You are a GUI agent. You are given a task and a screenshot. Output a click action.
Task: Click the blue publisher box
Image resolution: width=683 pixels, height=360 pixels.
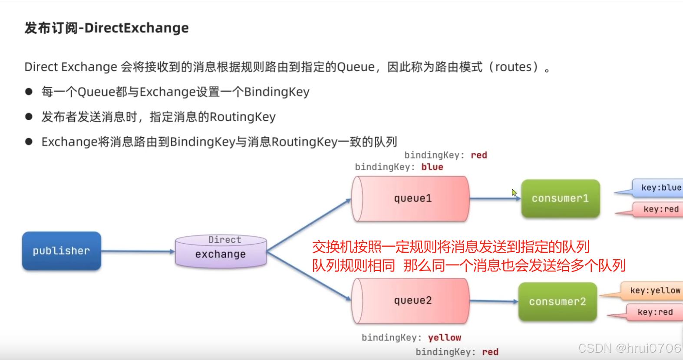tap(62, 251)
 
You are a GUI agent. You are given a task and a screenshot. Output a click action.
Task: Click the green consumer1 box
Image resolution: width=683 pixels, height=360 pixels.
tap(560, 198)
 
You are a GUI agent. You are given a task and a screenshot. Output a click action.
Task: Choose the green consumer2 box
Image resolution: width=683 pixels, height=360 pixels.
tap(558, 302)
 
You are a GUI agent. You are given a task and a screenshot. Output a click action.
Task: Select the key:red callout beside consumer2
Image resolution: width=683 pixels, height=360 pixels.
tap(654, 312)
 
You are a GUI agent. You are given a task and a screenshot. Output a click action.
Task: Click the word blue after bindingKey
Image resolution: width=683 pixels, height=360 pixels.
tap(432, 167)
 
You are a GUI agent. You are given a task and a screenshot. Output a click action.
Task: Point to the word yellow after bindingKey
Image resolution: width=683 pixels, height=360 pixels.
tap(444, 338)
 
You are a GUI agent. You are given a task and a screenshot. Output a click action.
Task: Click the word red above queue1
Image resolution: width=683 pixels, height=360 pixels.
tap(479, 155)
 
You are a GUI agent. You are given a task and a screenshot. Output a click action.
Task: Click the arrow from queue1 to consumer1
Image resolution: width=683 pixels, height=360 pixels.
tap(495, 198)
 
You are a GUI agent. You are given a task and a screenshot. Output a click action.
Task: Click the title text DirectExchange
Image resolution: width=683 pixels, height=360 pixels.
tap(136, 28)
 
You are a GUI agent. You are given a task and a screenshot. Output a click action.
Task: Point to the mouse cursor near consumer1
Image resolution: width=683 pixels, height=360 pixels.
tap(514, 192)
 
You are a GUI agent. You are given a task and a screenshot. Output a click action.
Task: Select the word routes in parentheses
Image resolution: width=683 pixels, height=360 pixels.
tap(513, 67)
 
